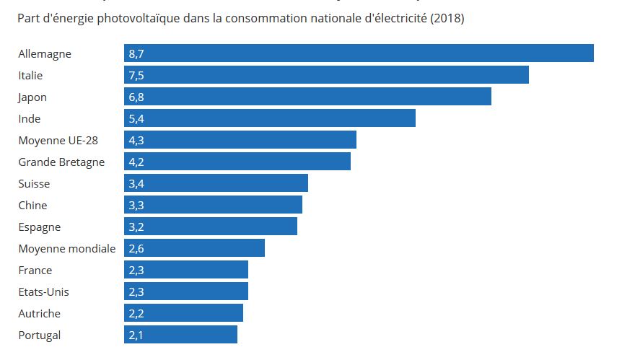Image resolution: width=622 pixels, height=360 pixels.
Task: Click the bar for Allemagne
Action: click(359, 53)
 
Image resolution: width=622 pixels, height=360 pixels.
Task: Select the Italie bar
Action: click(326, 75)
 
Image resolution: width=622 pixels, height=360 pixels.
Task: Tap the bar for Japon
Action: click(307, 97)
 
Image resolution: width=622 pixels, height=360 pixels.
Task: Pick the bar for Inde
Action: click(270, 118)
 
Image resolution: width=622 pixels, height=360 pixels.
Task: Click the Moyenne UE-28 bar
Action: click(240, 140)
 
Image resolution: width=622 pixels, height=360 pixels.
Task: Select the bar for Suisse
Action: click(216, 183)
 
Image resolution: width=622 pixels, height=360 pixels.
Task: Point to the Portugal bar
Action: click(180, 335)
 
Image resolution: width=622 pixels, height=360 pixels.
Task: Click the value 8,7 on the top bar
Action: click(136, 53)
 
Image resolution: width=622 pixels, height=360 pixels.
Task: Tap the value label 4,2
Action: click(136, 162)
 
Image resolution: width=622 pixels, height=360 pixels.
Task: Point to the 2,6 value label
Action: click(136, 248)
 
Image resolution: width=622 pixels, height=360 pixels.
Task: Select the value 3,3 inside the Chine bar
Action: click(136, 205)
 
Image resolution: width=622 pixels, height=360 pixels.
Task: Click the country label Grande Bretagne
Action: click(61, 162)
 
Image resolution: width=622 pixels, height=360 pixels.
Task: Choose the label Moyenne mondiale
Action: click(66, 248)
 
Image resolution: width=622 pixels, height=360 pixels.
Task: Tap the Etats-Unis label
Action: click(43, 291)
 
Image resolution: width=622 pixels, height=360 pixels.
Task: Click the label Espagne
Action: click(39, 227)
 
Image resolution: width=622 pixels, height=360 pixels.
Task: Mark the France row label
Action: click(35, 270)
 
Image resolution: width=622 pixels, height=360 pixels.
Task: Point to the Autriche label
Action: click(39, 313)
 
